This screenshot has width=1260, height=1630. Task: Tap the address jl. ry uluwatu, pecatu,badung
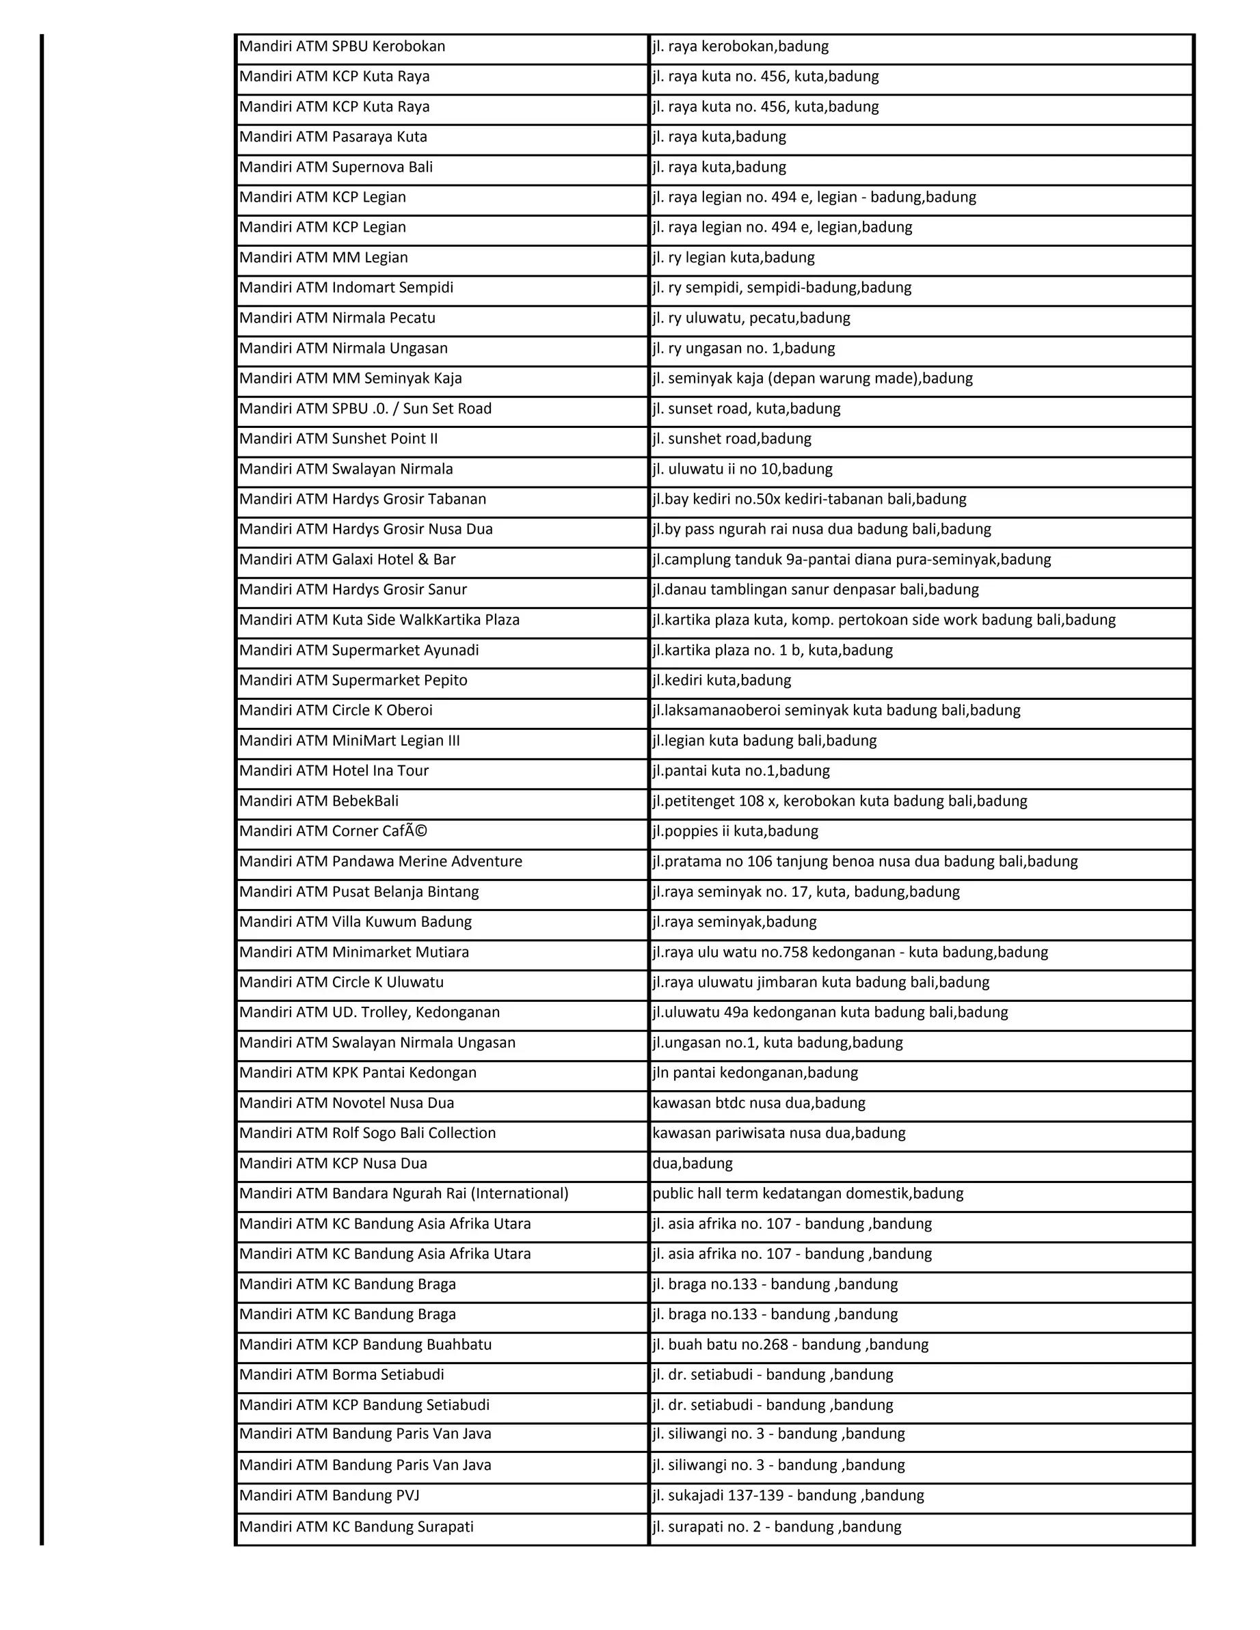(751, 318)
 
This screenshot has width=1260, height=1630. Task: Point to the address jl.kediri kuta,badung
(721, 681)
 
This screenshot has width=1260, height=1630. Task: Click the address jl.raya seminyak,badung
(734, 923)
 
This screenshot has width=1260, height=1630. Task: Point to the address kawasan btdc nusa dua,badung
(758, 1103)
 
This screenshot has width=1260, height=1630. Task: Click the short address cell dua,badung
(692, 1163)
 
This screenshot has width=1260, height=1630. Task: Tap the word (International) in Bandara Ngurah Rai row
(519, 1193)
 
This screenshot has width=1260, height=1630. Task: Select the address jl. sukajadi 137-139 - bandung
(788, 1495)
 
